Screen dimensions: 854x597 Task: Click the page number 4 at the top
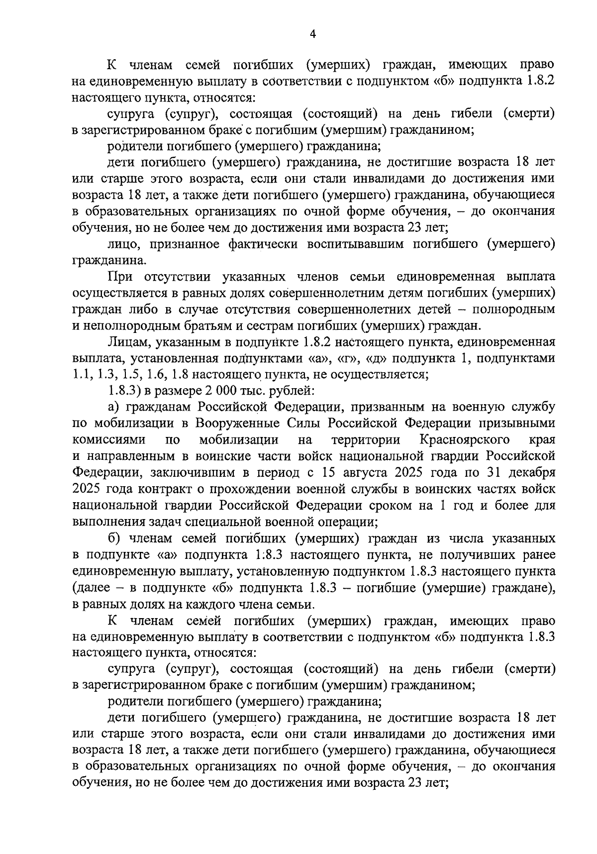coord(312,34)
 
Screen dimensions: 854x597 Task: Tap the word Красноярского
coord(465,439)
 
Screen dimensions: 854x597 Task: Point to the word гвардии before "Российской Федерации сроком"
coord(193,505)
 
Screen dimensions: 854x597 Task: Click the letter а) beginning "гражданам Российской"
coord(114,407)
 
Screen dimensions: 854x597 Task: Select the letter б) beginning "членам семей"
coord(114,538)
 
